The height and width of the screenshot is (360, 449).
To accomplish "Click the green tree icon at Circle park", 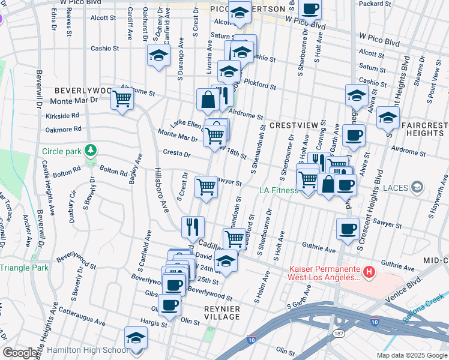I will pyautogui.click(x=90, y=149).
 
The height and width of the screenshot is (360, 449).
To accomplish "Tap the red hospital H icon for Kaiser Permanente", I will pyautogui.click(x=369, y=272).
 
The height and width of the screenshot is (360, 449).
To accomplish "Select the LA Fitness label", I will pyautogui.click(x=279, y=190).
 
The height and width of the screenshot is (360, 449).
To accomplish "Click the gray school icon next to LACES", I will pyautogui.click(x=415, y=188).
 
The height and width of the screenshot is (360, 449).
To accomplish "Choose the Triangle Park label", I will pyautogui.click(x=24, y=268).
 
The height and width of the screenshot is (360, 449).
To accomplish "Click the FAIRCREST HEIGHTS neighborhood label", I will pyautogui.click(x=426, y=129).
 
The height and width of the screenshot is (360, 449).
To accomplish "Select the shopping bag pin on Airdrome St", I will pyautogui.click(x=208, y=100).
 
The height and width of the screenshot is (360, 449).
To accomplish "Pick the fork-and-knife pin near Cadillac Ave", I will pyautogui.click(x=193, y=226).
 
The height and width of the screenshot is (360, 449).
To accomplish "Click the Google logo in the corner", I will pyautogui.click(x=20, y=353).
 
